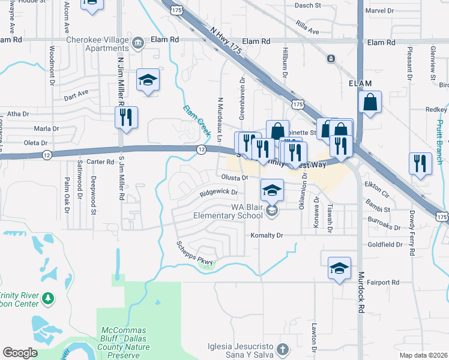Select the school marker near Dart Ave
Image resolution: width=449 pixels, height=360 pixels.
148,80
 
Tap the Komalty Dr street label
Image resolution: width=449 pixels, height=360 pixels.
266,235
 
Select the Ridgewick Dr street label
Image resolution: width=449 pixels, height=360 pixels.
219,193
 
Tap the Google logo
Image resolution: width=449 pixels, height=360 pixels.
20,353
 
